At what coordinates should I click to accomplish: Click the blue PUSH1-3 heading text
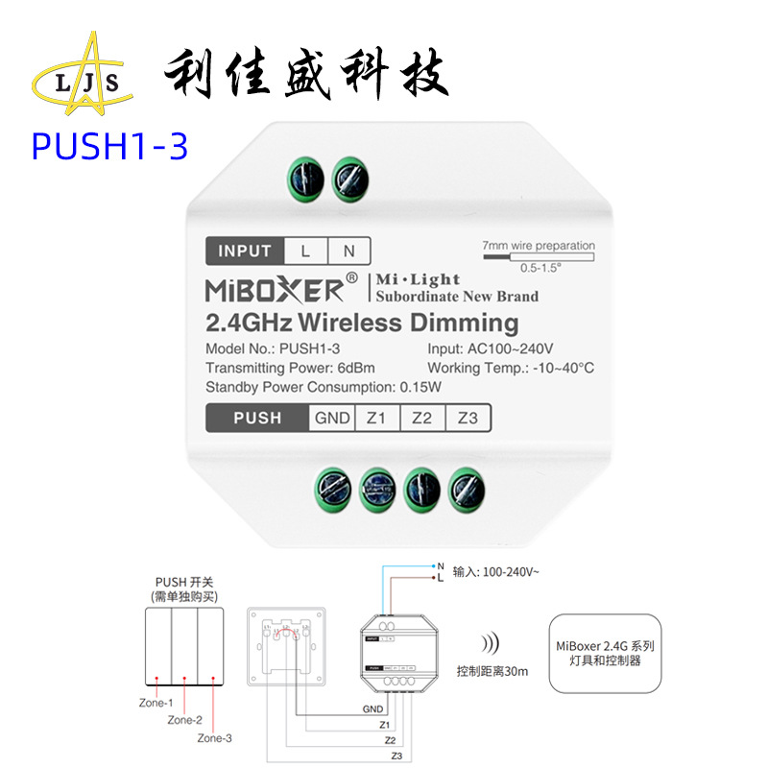(x=108, y=146)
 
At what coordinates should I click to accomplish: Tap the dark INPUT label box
(x=245, y=252)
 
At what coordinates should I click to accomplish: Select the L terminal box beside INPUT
(x=305, y=252)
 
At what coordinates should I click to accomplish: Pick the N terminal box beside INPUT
(x=349, y=252)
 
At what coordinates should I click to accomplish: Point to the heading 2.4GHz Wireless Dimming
(x=362, y=323)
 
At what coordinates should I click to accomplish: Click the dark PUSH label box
(x=257, y=418)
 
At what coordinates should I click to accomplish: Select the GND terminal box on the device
(x=332, y=418)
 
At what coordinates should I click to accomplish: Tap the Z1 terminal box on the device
(x=376, y=418)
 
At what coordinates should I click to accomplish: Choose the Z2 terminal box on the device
(x=422, y=418)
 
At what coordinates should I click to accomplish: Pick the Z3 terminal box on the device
(x=468, y=418)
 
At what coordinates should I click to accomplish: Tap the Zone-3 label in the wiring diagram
(x=214, y=738)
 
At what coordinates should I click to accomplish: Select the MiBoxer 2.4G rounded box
(x=605, y=654)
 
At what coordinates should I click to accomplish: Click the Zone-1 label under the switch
(x=155, y=703)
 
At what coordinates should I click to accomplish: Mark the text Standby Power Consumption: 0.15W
(x=324, y=387)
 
